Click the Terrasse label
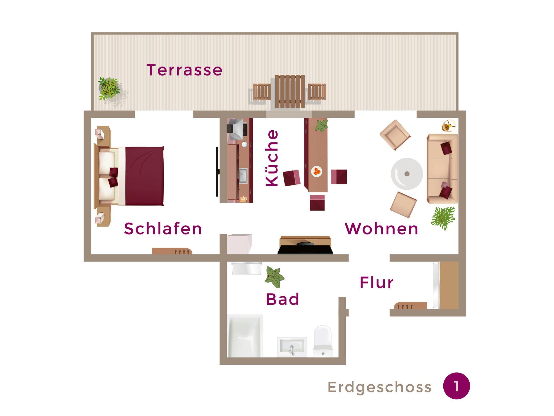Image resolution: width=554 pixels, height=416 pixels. click(184, 70)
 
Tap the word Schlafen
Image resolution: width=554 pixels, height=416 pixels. click(163, 229)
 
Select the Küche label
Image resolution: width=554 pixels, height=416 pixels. click(272, 158)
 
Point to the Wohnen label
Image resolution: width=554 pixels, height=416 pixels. click(382, 229)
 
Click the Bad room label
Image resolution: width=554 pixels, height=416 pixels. click(283, 299)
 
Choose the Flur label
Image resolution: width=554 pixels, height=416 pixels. click(377, 283)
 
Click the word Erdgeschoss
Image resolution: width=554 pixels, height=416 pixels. click(380, 387)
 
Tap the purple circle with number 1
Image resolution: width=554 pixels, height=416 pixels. click(456, 386)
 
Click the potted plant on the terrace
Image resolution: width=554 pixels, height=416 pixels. click(110, 88)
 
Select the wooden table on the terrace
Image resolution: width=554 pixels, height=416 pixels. click(290, 91)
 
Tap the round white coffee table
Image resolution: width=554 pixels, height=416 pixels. click(407, 174)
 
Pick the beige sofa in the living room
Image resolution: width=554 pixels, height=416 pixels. click(443, 169)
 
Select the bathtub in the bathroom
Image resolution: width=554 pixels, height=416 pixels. click(245, 336)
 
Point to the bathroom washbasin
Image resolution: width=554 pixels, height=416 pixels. click(292, 347)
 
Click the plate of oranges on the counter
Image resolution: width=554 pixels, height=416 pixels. click(316, 171)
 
